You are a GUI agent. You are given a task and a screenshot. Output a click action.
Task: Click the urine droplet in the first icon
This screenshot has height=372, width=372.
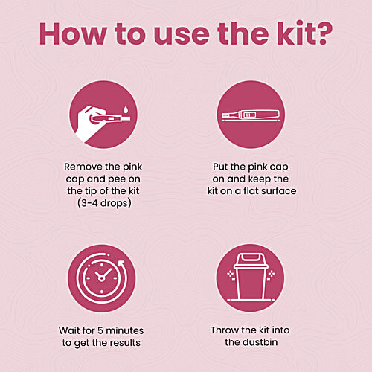click(x=126, y=109)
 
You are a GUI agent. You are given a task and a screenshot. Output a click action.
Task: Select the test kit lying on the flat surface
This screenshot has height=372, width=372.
click(x=251, y=115)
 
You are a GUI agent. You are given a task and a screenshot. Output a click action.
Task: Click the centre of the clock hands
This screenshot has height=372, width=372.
click(x=101, y=278)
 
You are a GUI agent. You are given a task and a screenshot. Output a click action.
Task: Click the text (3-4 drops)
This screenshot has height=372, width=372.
click(x=104, y=203)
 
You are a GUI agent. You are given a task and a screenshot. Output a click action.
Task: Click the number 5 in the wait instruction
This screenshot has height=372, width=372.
click(x=100, y=330)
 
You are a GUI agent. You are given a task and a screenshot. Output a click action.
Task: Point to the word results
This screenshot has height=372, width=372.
click(x=125, y=343)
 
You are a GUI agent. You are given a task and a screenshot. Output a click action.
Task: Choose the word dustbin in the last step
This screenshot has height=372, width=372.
click(x=260, y=342)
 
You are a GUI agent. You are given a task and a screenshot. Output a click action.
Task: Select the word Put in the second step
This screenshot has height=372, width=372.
click(x=220, y=167)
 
